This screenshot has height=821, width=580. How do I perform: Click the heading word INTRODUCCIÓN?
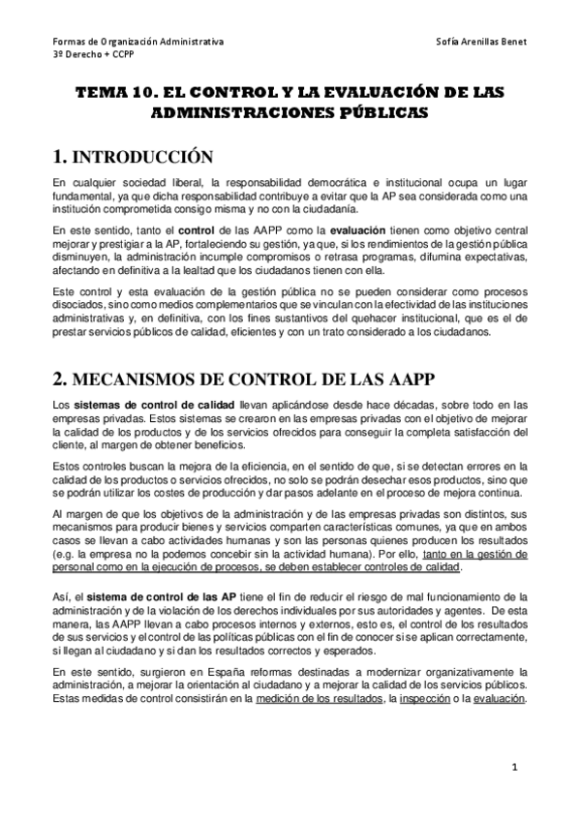coord(142,156)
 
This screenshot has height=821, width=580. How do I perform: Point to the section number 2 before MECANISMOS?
coord(59,351)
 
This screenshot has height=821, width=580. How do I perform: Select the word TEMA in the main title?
coord(101,93)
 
